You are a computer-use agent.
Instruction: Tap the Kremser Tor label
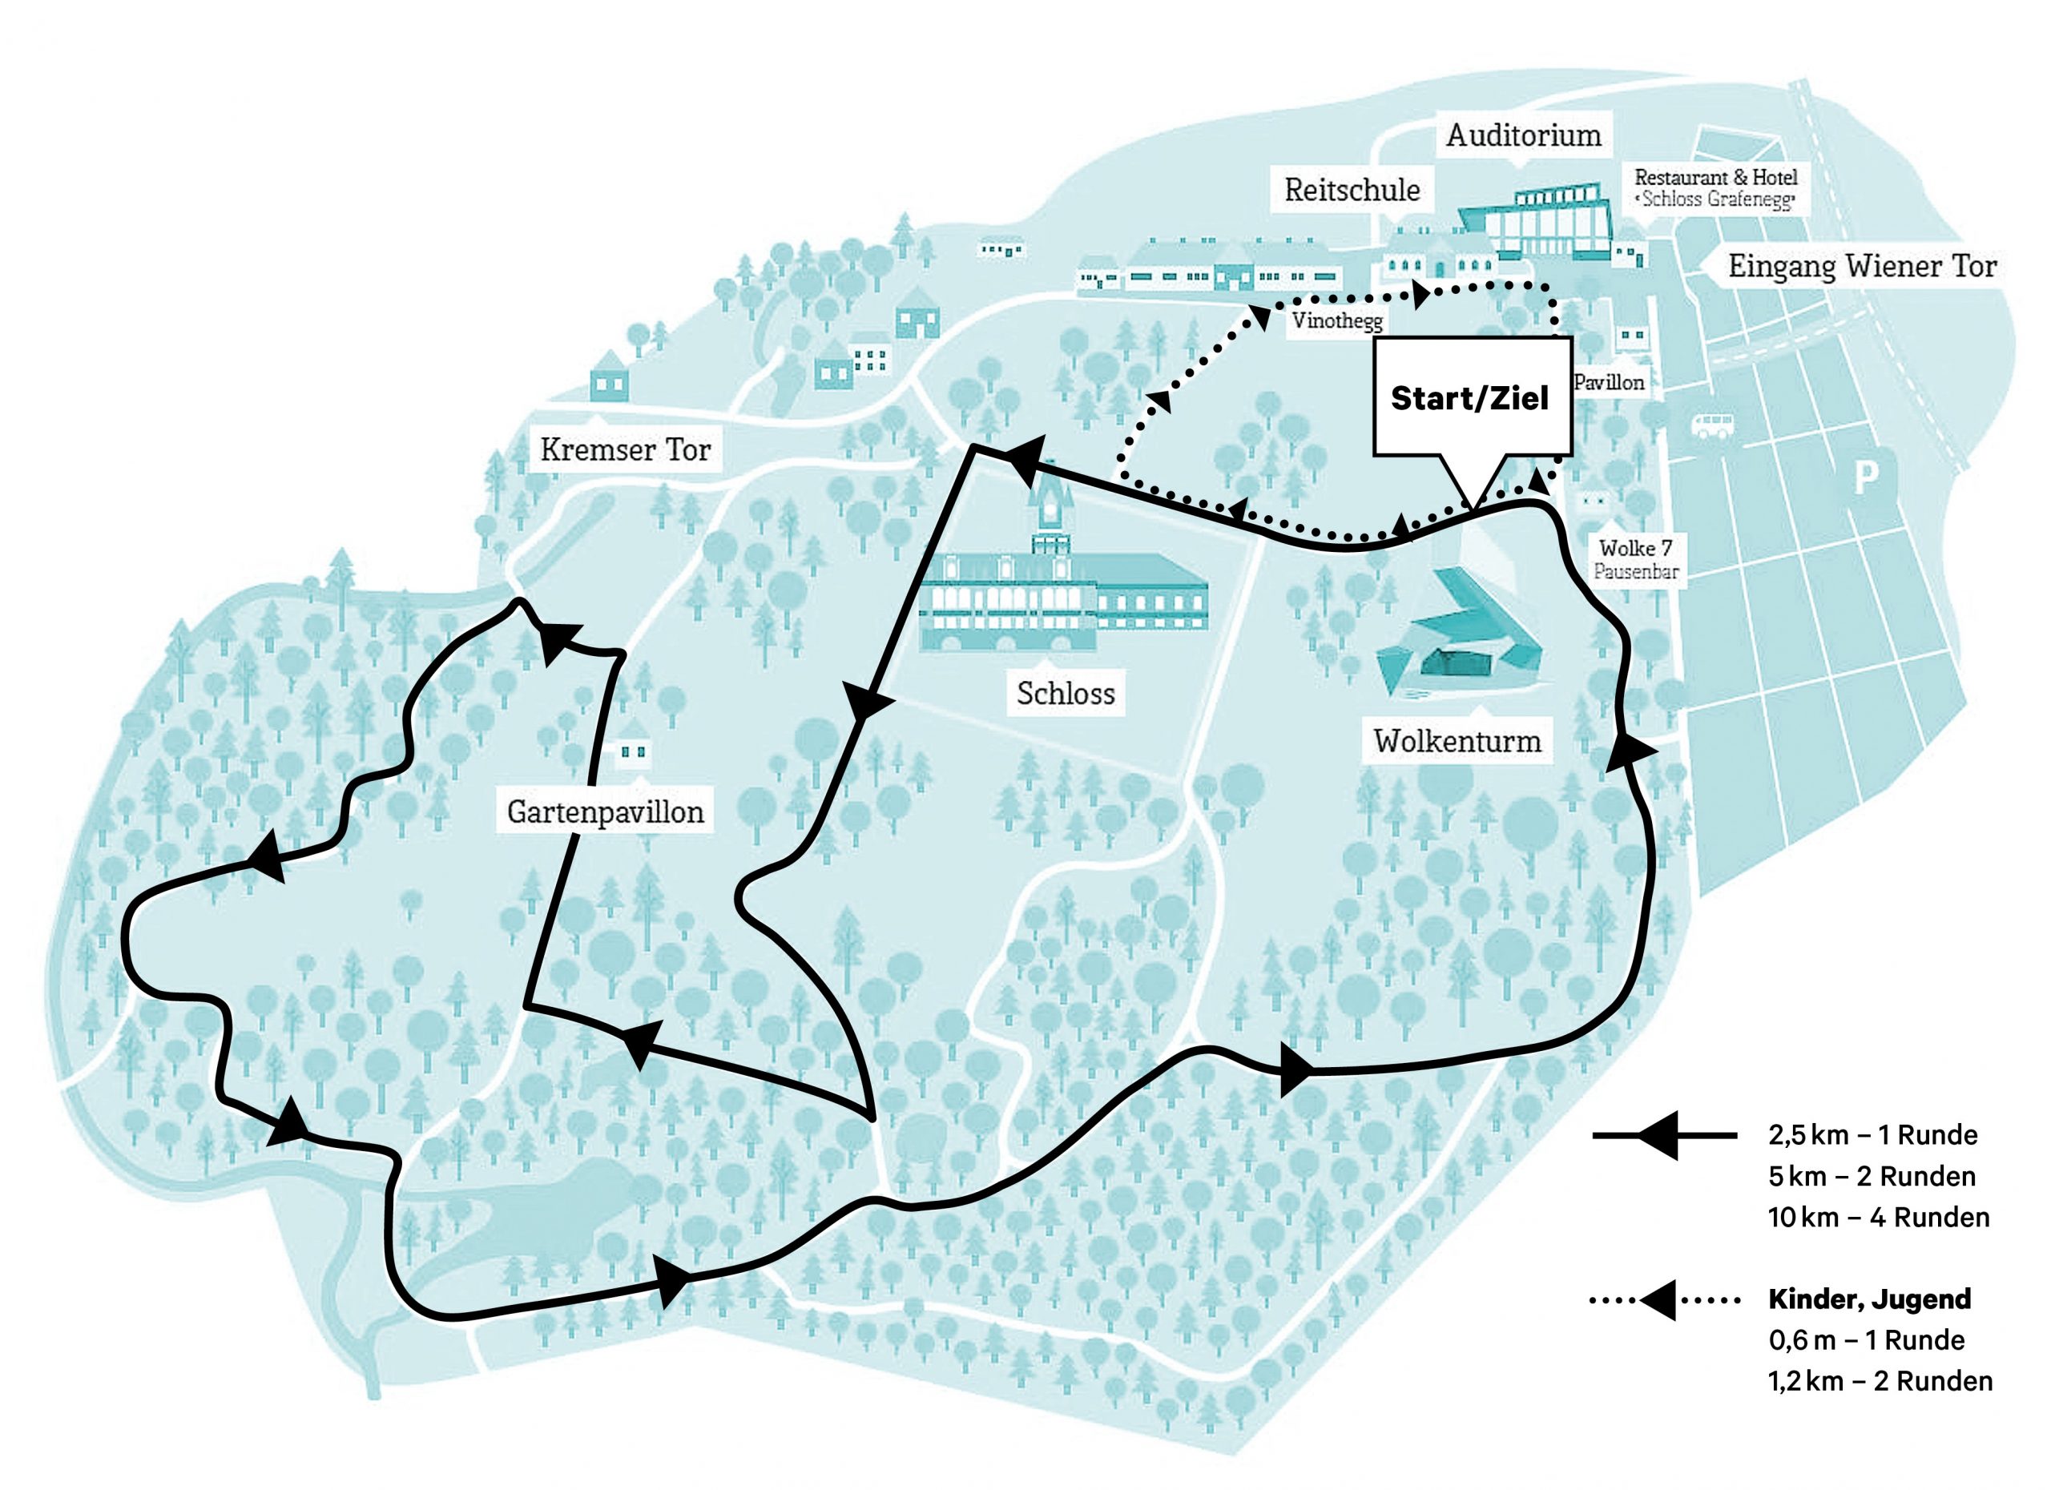click(625, 449)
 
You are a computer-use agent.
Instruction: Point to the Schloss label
click(1066, 694)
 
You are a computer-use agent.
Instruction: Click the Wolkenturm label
click(1457, 741)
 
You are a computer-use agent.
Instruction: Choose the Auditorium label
click(1524, 135)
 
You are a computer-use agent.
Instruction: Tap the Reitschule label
click(1352, 190)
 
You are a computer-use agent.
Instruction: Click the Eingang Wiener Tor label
click(1862, 266)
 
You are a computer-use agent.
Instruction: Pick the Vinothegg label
click(1337, 320)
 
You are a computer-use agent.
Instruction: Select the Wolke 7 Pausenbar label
click(1636, 560)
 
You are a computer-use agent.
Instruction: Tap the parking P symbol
click(1866, 476)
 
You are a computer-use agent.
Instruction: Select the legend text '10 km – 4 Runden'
click(1878, 1218)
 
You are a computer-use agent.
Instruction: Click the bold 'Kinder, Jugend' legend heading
click(1869, 1299)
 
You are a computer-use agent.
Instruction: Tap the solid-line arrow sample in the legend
click(1665, 1134)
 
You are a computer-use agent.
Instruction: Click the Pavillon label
click(1609, 382)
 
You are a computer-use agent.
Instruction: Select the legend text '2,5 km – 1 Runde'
click(1873, 1134)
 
